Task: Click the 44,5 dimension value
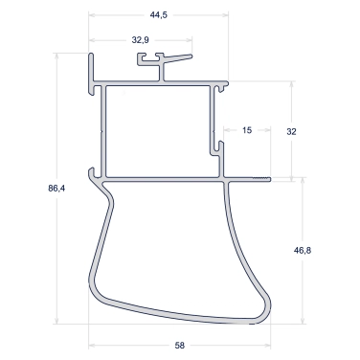pyautogui.click(x=159, y=14)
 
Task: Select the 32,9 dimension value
pyautogui.click(x=140, y=40)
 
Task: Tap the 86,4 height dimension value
pyautogui.click(x=56, y=189)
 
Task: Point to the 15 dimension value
pyautogui.click(x=247, y=130)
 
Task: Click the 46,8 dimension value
pyautogui.click(x=303, y=251)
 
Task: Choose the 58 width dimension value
pyautogui.click(x=180, y=346)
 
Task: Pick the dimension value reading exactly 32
pyautogui.click(x=291, y=131)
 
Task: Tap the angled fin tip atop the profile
pyautogui.click(x=191, y=56)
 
